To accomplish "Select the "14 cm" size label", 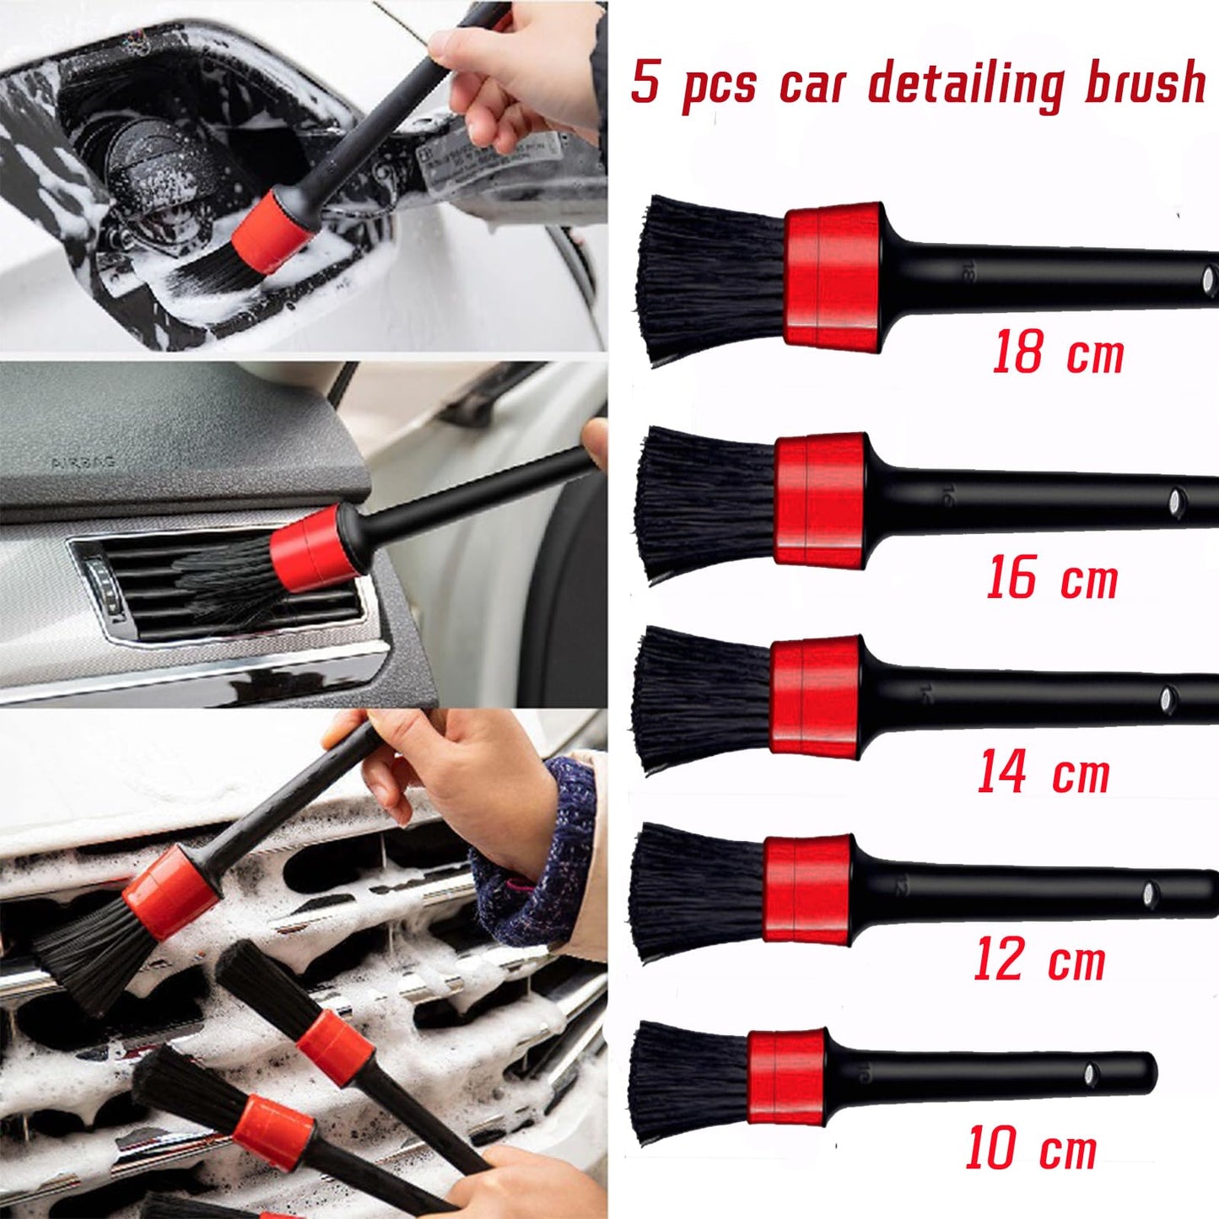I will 1044,772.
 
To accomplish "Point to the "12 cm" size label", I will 1038,960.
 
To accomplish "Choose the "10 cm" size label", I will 1030,1148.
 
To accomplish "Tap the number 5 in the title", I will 645,83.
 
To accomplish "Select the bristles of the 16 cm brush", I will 705,504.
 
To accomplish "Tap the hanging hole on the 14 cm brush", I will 1168,698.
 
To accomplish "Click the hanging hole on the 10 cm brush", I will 1090,1074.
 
